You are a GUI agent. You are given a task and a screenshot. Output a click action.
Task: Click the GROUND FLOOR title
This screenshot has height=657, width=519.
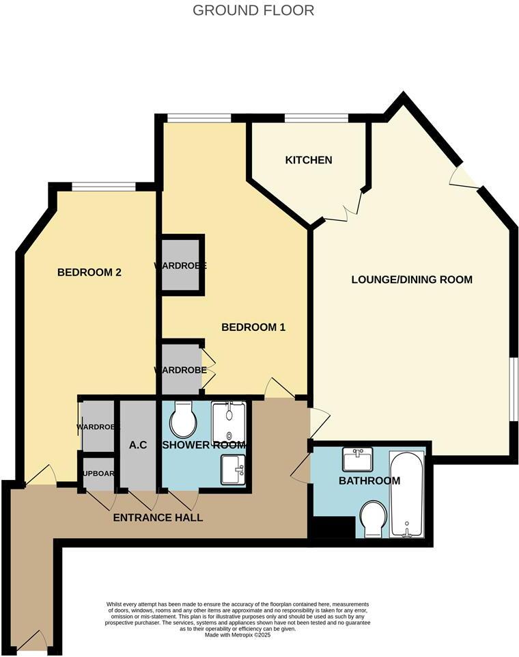[x=253, y=10]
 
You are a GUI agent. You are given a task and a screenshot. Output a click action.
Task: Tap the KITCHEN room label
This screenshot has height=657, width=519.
[x=309, y=160]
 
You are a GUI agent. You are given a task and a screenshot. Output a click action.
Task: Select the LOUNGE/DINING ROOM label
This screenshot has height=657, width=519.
[x=412, y=280]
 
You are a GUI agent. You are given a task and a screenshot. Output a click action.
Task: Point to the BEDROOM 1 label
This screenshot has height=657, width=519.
[x=253, y=327]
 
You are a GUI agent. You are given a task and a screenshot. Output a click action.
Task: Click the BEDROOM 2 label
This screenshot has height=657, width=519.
[x=89, y=272]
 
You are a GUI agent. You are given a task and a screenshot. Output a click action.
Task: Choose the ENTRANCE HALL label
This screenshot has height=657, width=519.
[x=158, y=518]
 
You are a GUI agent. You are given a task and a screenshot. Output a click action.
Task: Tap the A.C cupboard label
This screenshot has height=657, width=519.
[x=139, y=445]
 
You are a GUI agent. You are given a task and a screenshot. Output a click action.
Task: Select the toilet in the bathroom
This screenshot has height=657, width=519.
[x=374, y=519]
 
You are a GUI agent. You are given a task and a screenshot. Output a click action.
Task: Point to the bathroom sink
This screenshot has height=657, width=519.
[x=358, y=459]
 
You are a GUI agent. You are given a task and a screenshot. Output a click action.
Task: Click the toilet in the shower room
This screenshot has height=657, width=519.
[x=182, y=419]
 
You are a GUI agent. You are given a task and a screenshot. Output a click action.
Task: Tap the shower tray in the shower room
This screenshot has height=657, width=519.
[x=228, y=422]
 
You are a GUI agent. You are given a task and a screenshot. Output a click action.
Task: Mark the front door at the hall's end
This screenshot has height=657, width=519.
[x=32, y=641]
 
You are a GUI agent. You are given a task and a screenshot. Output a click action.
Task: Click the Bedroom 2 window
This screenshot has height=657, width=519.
[x=104, y=186]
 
